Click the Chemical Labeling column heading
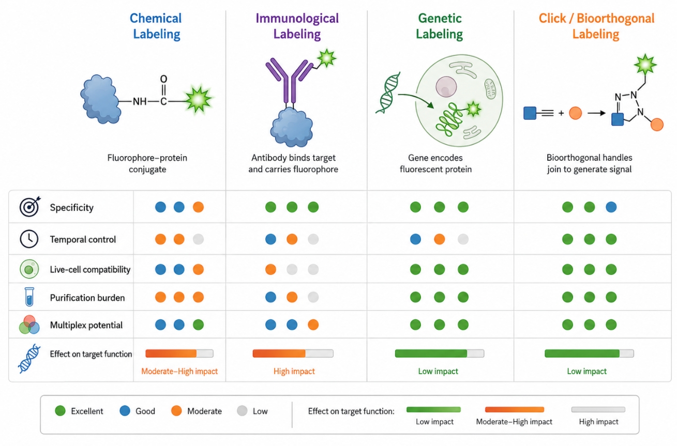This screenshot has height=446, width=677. [156, 26]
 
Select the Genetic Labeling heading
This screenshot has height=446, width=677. [440, 26]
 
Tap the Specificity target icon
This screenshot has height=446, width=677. [29, 207]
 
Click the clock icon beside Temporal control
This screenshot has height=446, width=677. [29, 239]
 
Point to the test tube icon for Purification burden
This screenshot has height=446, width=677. [29, 297]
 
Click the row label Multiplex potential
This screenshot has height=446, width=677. [86, 325]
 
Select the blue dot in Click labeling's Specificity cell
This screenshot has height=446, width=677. [611, 207]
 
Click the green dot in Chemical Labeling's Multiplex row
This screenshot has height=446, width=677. [198, 325]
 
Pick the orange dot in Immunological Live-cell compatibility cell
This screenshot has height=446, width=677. [270, 269]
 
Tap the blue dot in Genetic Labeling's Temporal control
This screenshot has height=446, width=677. [416, 239]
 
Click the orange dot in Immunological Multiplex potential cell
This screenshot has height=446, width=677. [313, 325]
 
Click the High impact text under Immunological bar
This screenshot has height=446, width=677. [294, 371]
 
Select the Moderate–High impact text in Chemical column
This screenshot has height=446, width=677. [179, 371]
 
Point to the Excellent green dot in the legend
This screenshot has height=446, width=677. [60, 411]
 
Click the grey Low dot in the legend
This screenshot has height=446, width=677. [242, 411]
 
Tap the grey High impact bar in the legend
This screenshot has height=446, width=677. [598, 409]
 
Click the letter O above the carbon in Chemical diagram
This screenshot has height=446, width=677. [163, 79]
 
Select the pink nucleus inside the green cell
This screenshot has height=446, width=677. [446, 87]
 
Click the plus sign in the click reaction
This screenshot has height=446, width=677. [561, 113]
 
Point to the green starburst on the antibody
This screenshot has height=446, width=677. [327, 58]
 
